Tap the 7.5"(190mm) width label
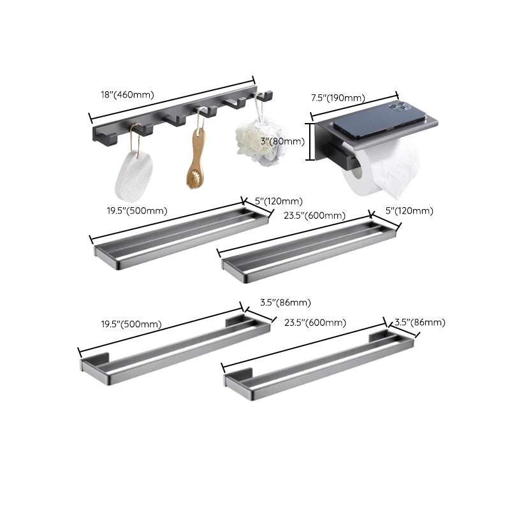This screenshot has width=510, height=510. coord(337,98)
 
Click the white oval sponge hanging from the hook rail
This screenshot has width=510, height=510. coord(134,175)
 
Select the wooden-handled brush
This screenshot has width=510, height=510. coord(196,159)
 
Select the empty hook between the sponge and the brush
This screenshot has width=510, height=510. coord(173,120)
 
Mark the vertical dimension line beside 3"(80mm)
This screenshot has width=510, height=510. coord(310,142)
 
